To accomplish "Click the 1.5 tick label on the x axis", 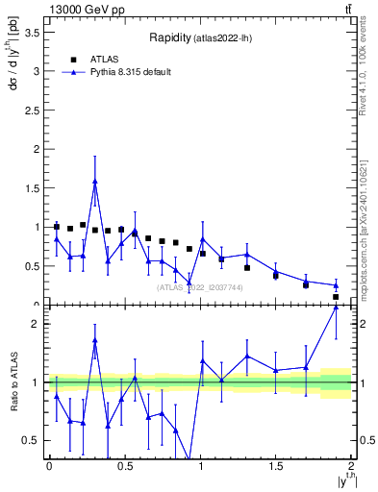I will click(276, 465).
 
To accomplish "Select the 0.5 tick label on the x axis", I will click(124, 465).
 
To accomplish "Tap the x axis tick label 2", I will click(351, 465).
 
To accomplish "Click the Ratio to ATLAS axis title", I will click(12, 381).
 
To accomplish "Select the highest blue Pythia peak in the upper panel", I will click(94, 181).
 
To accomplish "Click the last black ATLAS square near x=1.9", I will click(336, 297).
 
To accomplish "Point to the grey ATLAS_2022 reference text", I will click(200, 287).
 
